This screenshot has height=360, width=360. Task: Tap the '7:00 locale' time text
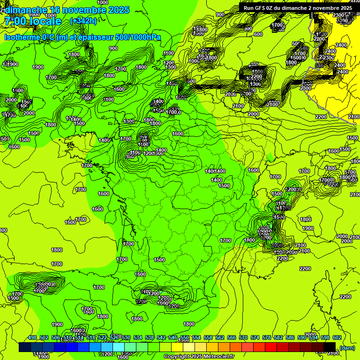(x=33, y=21)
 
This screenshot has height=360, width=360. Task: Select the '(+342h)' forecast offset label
(x=83, y=21)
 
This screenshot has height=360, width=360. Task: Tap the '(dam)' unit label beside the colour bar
(x=347, y=347)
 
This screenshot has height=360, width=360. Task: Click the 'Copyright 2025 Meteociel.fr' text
(x=199, y=357)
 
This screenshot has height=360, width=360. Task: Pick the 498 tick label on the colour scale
(x=32, y=337)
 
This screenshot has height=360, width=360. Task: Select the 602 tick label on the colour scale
(x=337, y=337)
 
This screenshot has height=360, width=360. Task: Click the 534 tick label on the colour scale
(x=138, y=337)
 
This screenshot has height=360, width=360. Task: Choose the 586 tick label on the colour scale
(x=290, y=337)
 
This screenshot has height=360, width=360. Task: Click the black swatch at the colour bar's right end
(x=330, y=347)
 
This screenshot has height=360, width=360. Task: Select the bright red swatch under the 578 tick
(x=271, y=347)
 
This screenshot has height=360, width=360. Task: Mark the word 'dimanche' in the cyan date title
(x=26, y=10)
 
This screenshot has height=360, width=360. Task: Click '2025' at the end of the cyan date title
(x=118, y=10)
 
